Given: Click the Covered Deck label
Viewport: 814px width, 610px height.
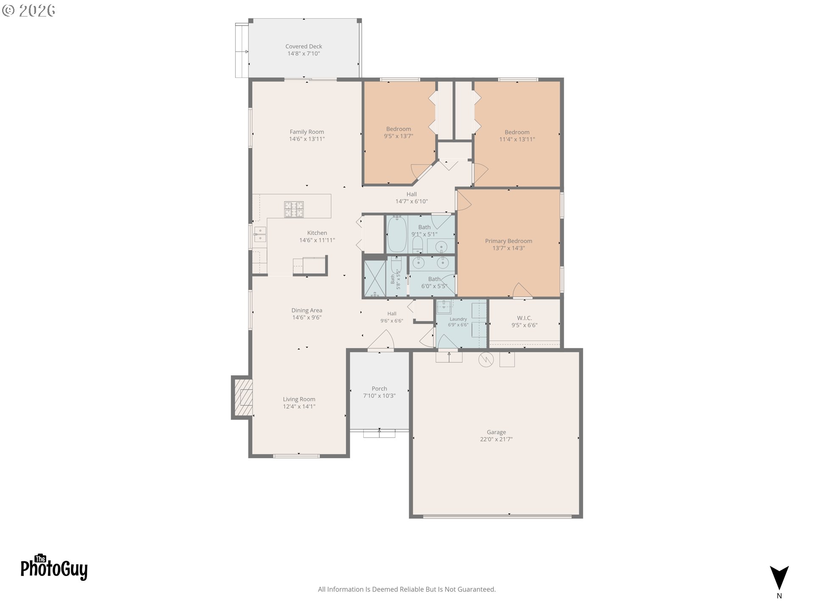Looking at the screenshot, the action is [x=304, y=47].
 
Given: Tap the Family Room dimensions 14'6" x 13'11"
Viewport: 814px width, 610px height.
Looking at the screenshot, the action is [x=307, y=139].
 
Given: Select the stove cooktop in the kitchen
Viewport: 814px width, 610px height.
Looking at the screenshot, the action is [x=294, y=209].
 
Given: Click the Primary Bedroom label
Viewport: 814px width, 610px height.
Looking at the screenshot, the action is [x=508, y=241].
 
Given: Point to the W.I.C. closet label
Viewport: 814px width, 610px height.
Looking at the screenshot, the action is [x=524, y=318].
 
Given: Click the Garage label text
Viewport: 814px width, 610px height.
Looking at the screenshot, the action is [x=496, y=432].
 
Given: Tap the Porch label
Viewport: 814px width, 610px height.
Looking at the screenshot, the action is [x=379, y=388].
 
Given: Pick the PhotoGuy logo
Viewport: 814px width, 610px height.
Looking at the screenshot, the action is [x=54, y=567].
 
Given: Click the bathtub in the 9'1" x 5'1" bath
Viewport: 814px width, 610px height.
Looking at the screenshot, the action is [x=397, y=234].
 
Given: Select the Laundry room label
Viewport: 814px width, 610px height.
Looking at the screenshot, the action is [x=458, y=319].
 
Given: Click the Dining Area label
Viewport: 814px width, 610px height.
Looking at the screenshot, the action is [x=307, y=311].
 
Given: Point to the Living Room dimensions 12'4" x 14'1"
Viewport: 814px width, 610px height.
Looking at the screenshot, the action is [x=299, y=407].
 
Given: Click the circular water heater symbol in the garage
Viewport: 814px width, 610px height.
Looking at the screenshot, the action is [x=486, y=360].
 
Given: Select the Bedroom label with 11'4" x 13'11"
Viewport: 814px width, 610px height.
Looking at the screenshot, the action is [x=517, y=132].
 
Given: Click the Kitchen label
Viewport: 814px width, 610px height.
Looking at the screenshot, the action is [x=317, y=233].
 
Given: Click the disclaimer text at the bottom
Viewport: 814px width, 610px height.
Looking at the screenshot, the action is [x=407, y=589].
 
